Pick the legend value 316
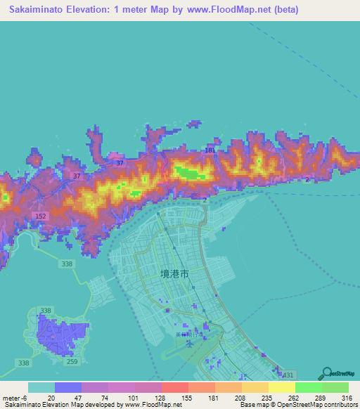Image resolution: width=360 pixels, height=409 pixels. click(x=347, y=398)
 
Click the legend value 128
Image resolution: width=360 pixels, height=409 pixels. click(x=149, y=398)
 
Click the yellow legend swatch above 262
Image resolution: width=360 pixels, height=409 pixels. click(x=281, y=387)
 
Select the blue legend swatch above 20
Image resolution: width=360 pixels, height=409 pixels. click(x=68, y=387)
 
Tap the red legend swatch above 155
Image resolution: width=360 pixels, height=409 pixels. click(x=175, y=387)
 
